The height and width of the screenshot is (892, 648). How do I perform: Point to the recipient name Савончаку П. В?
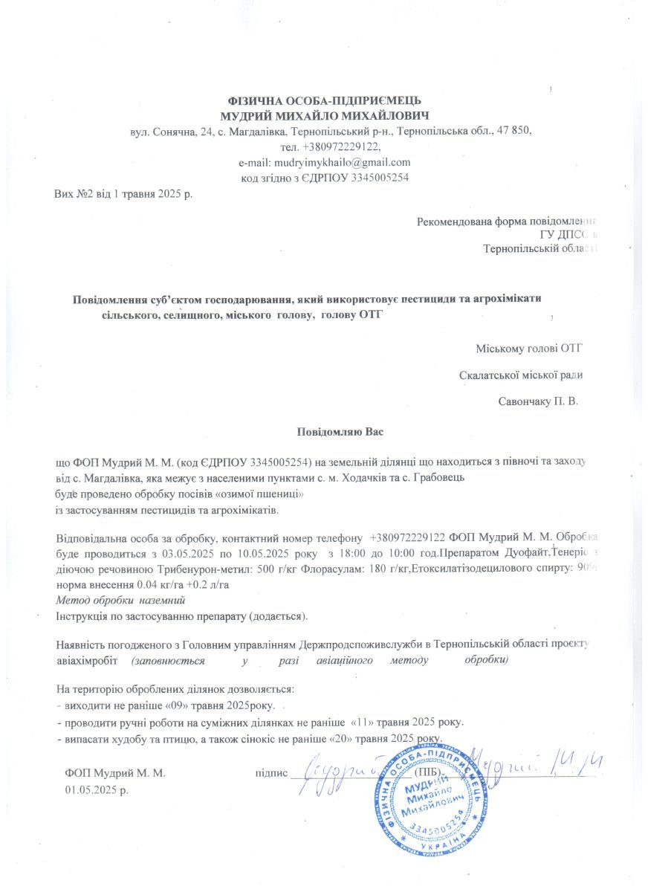click(538, 401)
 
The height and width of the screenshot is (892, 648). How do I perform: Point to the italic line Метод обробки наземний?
click(120, 599)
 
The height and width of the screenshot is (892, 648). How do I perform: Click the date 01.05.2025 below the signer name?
click(97, 789)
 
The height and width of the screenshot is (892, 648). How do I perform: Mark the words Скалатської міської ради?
click(519, 375)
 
